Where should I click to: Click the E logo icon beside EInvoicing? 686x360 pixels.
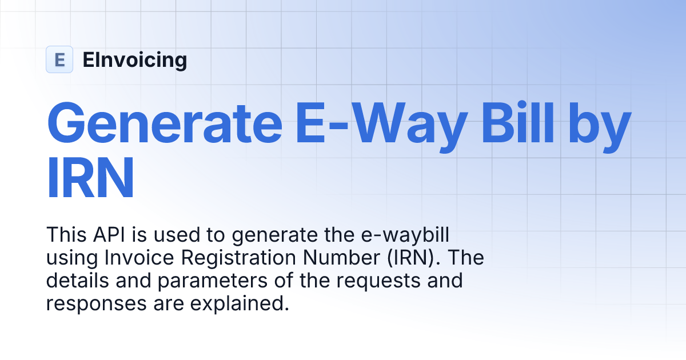pyautogui.click(x=59, y=59)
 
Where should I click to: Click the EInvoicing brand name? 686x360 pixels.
pyautogui.click(x=134, y=59)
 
